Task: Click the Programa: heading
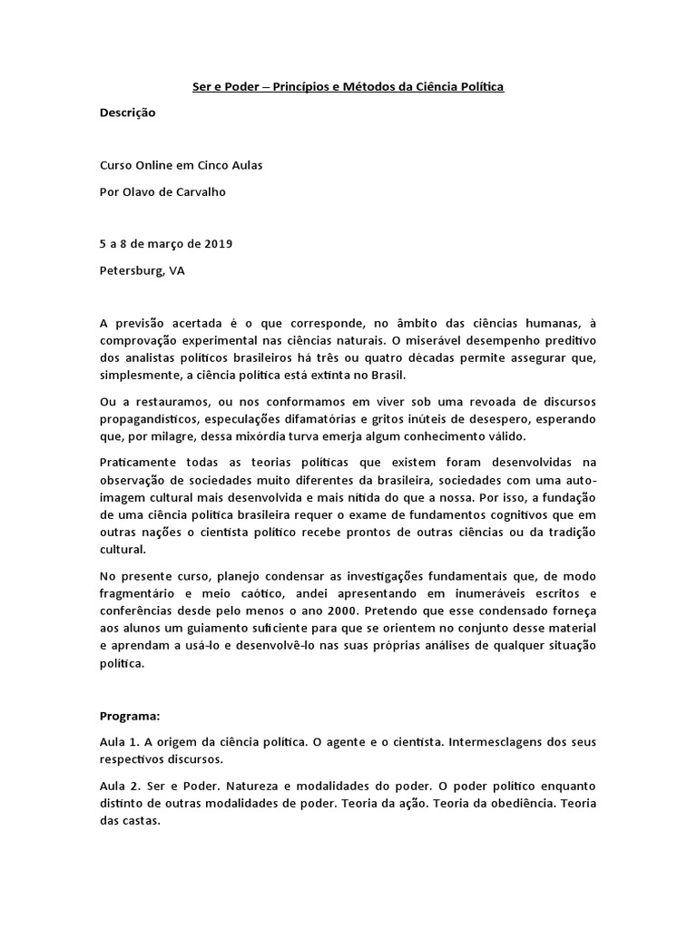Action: (x=130, y=715)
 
